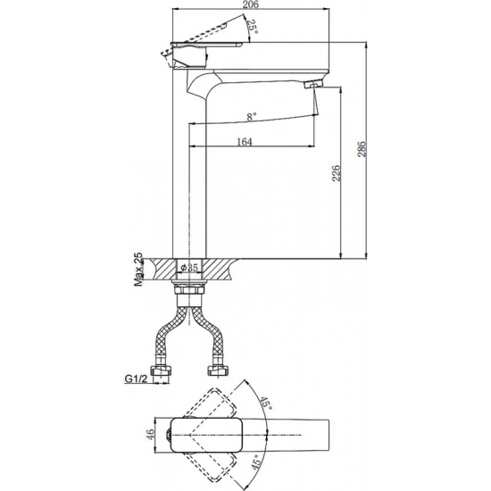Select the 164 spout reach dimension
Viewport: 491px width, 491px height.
245,141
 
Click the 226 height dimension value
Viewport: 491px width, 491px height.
337,171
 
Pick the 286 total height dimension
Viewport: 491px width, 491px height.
362,149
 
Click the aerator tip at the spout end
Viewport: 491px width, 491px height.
312,85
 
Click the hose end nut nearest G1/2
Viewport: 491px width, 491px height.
165,370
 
